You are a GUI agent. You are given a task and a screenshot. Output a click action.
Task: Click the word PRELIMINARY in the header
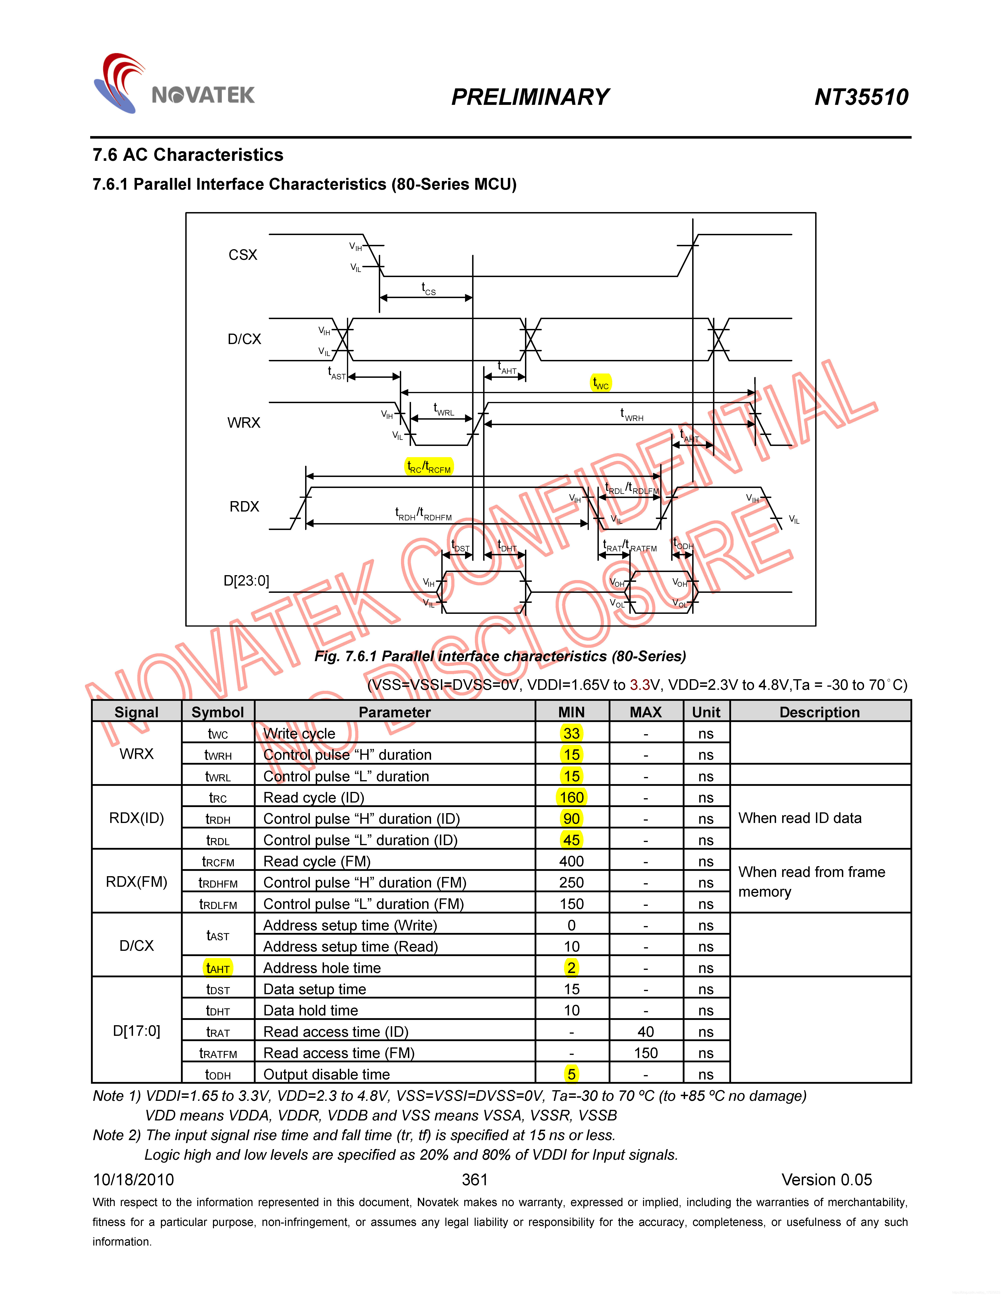pos(530,97)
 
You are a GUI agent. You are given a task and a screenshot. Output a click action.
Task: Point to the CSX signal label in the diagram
pos(243,255)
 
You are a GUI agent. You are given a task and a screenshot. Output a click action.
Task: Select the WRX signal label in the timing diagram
pos(243,423)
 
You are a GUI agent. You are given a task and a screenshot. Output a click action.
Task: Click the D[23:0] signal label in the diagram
pos(246,580)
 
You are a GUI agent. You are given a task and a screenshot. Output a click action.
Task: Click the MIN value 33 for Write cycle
pos(571,733)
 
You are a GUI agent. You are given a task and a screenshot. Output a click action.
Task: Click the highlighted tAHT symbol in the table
pos(218,968)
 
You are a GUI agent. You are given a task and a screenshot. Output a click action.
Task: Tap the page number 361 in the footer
pos(474,1180)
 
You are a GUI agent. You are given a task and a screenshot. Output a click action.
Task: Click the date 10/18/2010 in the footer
pos(134,1180)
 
